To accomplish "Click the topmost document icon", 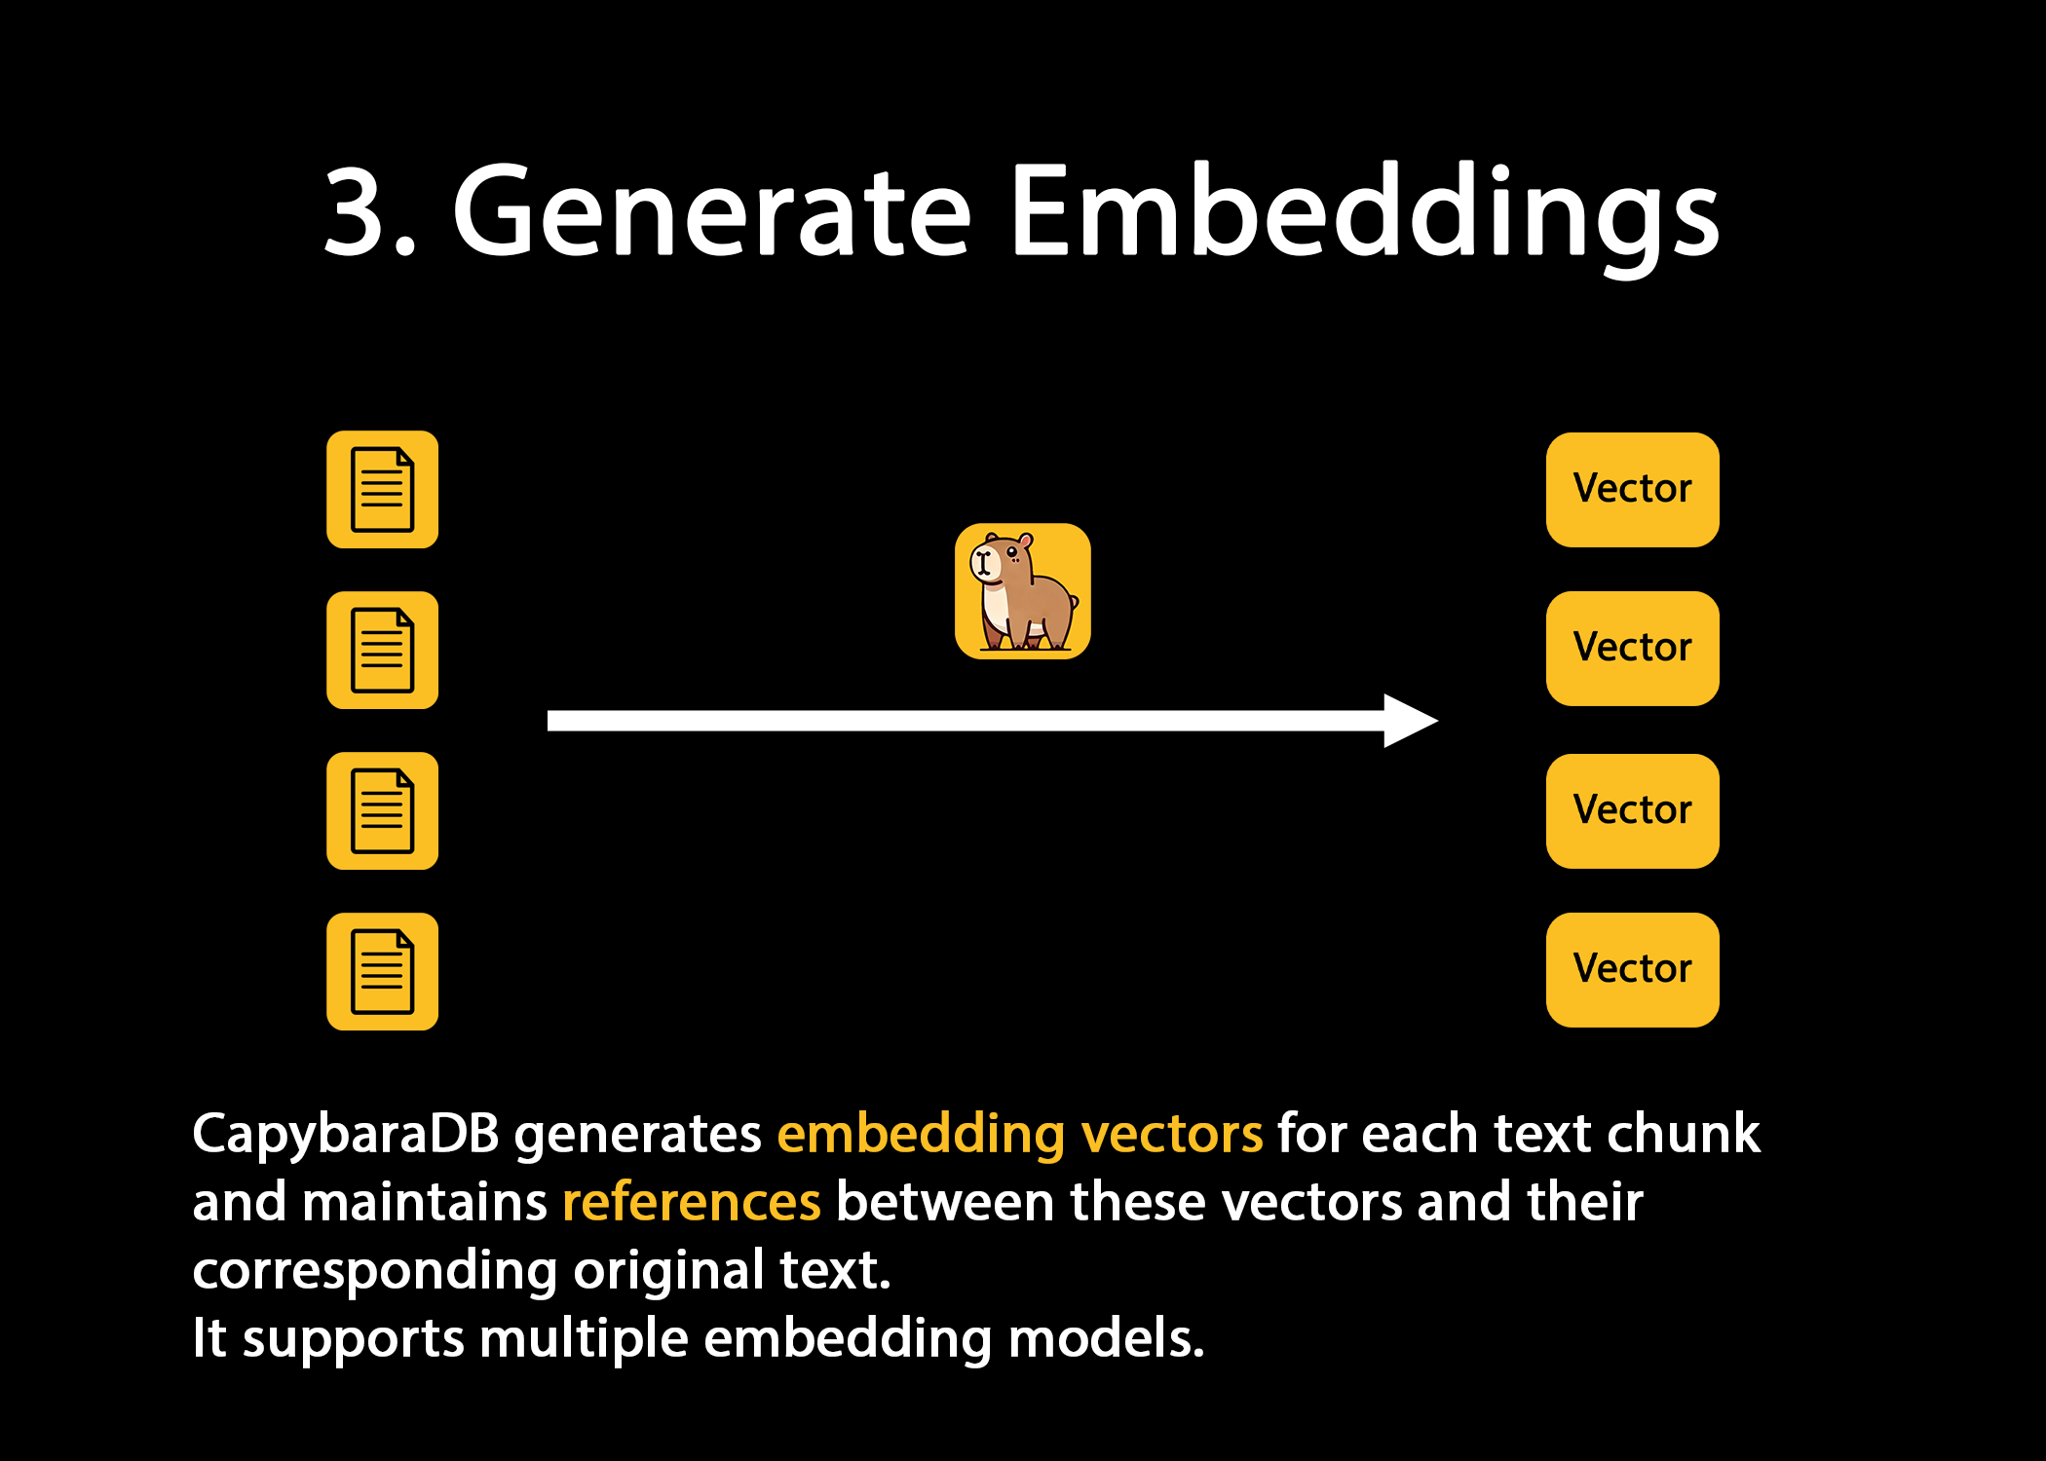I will (x=382, y=489).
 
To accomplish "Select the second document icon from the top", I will (x=382, y=650).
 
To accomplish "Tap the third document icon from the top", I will (x=382, y=810).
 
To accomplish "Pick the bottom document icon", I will (x=382, y=971).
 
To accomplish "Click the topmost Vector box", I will (x=1632, y=489).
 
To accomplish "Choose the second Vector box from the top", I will (x=1632, y=648).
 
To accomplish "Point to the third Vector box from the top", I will (x=1632, y=810).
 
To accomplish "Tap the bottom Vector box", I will (x=1632, y=969).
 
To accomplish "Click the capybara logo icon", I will (x=1022, y=591).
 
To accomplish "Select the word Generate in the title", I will (x=711, y=212).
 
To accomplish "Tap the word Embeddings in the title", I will (x=1364, y=212).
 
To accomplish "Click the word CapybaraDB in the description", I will (x=346, y=1135).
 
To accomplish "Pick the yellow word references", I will (x=692, y=1203).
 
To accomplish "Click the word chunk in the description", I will (x=1684, y=1135).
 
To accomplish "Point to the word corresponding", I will (x=375, y=1271).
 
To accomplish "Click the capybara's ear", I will (x=1025, y=540).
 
